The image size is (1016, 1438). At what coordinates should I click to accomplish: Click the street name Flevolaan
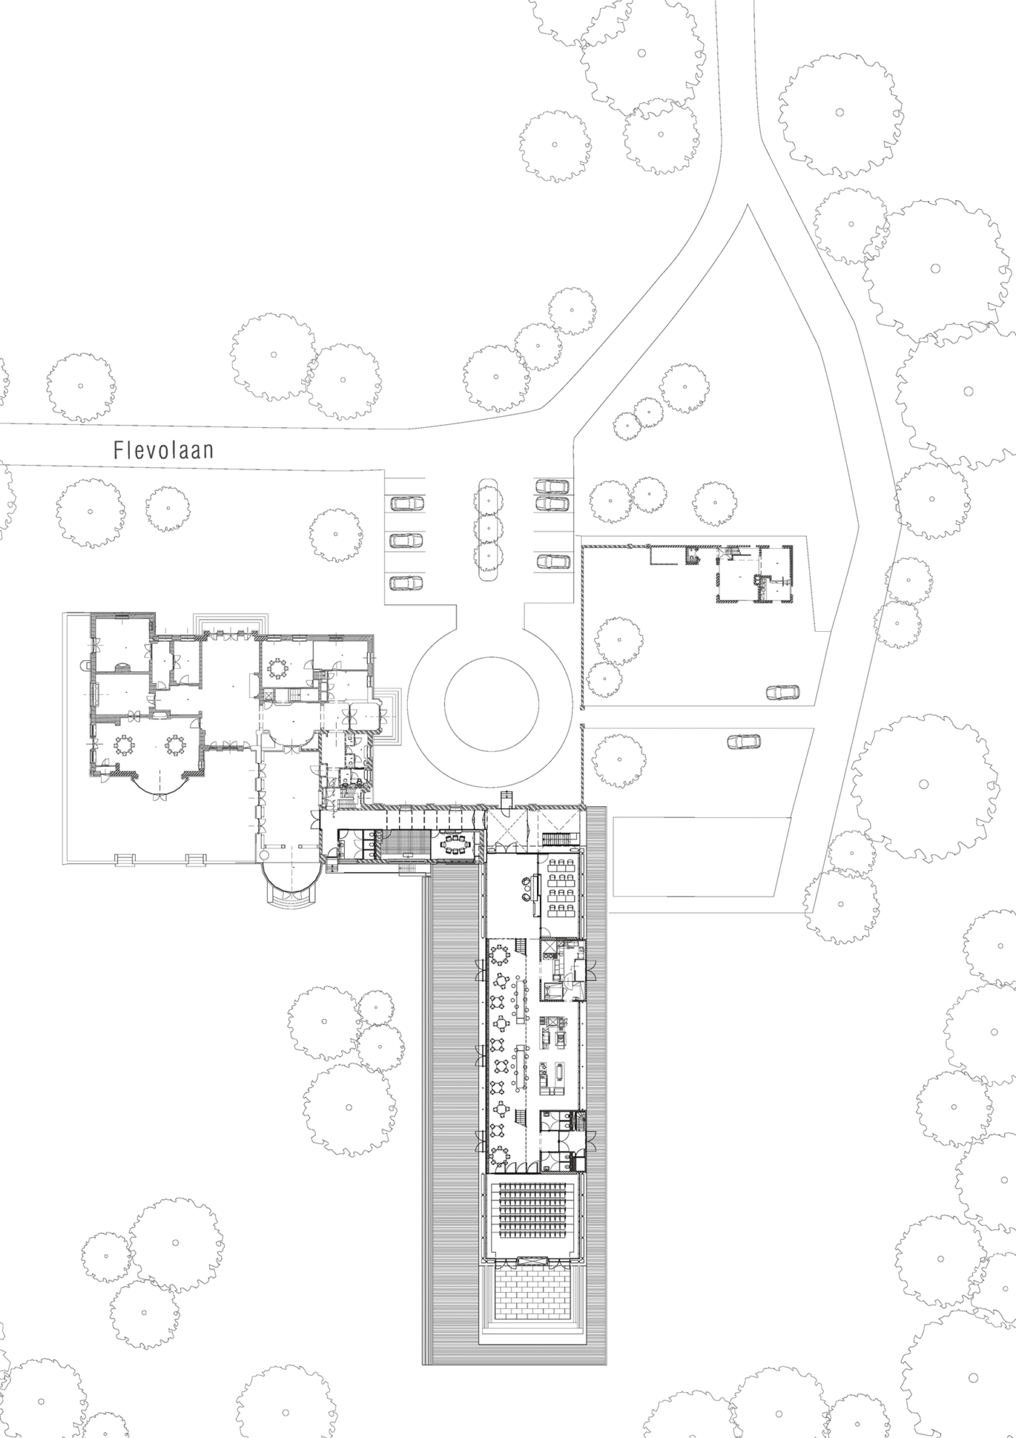click(x=163, y=450)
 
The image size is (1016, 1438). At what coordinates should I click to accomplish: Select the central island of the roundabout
click(x=491, y=705)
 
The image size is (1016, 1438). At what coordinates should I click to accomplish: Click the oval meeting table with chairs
click(x=456, y=845)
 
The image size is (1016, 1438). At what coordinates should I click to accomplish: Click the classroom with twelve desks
click(x=559, y=887)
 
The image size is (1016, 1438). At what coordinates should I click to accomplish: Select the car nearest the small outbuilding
click(x=784, y=692)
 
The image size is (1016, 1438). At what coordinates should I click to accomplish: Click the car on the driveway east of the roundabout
click(x=744, y=742)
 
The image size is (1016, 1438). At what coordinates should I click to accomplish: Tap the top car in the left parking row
click(x=407, y=503)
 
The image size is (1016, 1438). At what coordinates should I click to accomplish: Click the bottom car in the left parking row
click(x=407, y=582)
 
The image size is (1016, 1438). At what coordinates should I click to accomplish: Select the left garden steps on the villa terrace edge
click(x=125, y=860)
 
